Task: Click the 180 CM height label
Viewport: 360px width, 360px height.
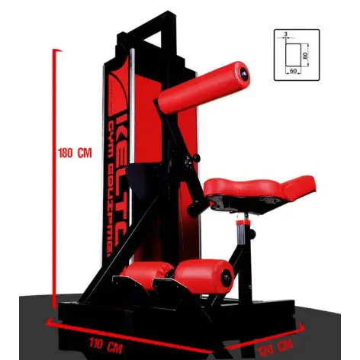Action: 74,151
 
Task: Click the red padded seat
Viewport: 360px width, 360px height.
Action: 259,187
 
